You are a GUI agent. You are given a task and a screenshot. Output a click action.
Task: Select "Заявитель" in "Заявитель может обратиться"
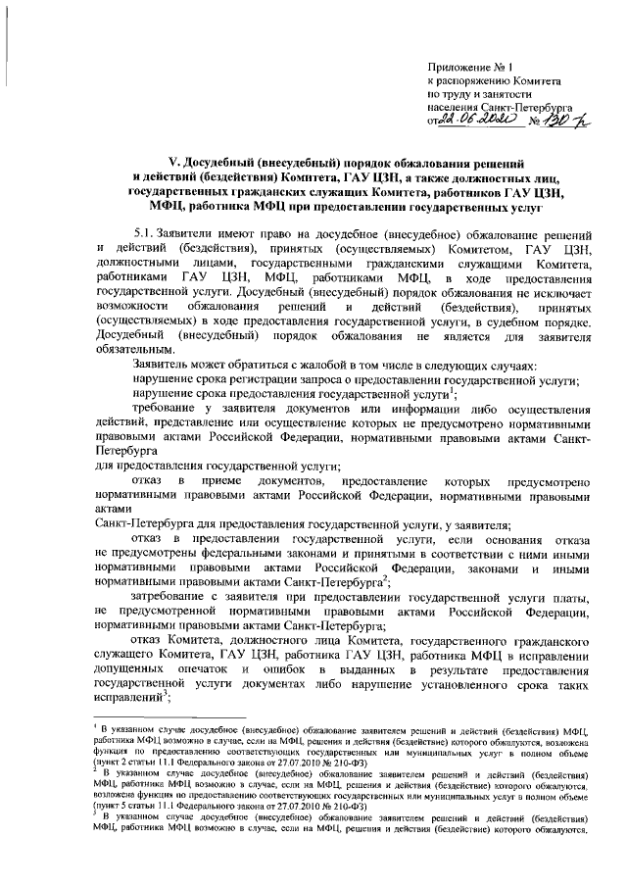164,365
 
